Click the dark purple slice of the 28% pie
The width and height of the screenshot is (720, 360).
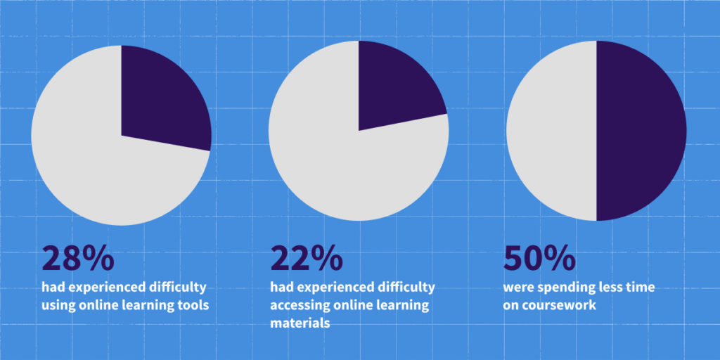162,98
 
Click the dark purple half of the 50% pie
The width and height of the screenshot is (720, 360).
640,130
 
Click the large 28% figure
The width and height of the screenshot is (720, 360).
77,259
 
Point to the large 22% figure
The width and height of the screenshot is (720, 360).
307,259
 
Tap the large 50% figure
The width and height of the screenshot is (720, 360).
539,259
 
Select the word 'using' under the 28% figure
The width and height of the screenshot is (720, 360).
58,305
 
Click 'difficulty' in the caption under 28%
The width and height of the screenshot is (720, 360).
176,288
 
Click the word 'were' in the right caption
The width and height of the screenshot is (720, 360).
519,288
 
